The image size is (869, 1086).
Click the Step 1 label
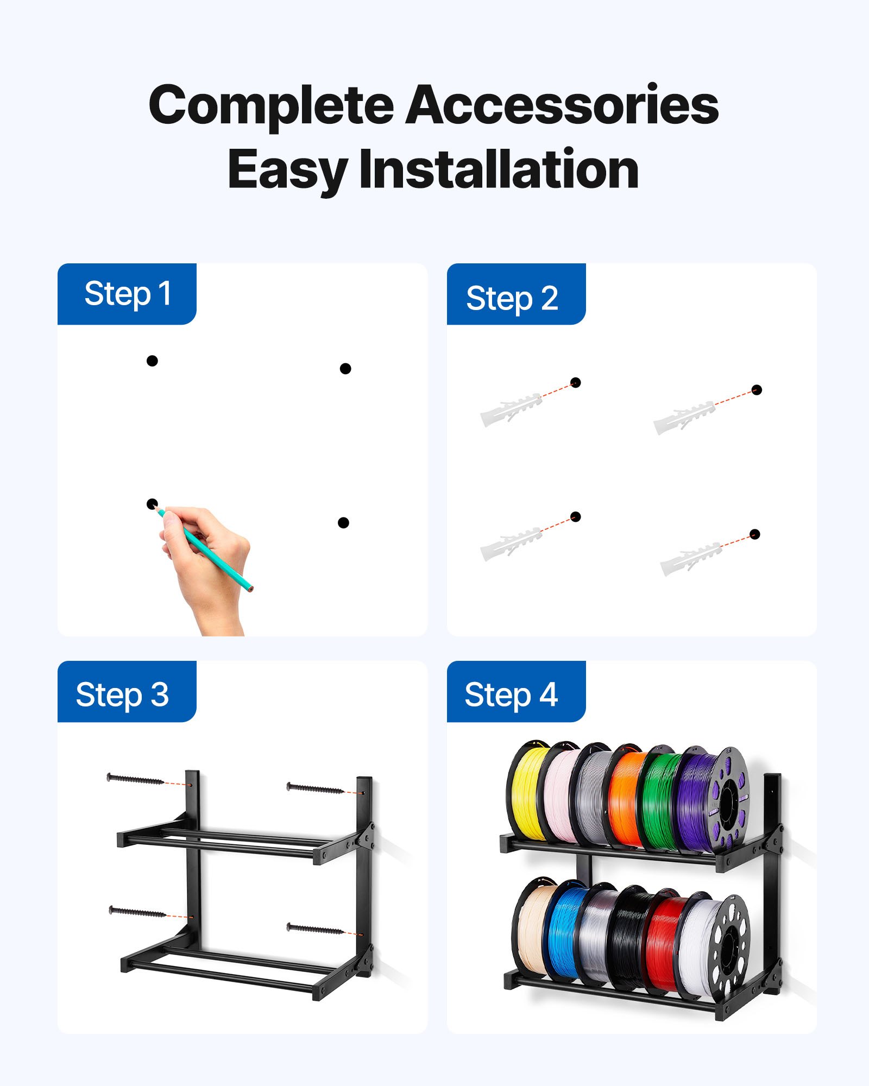click(x=127, y=294)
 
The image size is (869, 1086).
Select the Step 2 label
click(x=512, y=298)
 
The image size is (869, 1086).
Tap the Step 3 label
click(x=122, y=694)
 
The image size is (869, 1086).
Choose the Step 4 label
click(x=511, y=694)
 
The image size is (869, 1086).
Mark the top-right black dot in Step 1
click(x=345, y=369)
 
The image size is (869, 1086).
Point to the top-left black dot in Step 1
click(x=152, y=361)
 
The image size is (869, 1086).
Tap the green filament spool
click(x=657, y=801)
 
